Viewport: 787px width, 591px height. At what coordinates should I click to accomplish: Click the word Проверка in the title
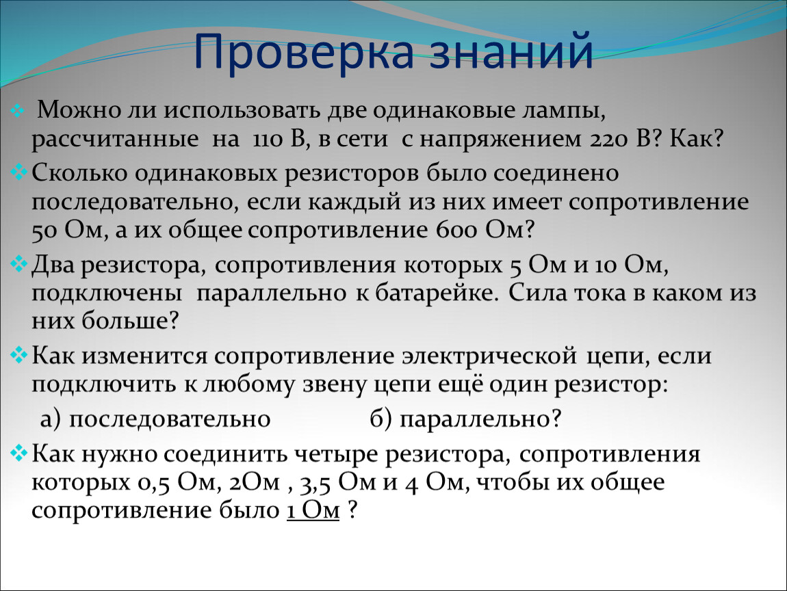click(304, 52)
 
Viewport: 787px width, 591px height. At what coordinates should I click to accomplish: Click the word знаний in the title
click(511, 51)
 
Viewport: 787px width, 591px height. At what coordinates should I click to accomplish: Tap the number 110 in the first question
click(268, 139)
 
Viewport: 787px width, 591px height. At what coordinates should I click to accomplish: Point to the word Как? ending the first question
click(697, 138)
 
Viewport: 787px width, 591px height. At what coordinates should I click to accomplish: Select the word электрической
click(489, 356)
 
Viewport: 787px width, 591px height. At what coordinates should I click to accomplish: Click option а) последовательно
click(155, 419)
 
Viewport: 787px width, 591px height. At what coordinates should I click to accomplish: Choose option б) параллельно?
click(465, 419)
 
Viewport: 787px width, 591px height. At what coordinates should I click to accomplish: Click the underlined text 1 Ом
click(313, 511)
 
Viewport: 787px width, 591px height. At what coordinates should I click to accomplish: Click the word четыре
click(336, 455)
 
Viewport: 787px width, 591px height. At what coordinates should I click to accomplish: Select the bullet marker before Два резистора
click(19, 264)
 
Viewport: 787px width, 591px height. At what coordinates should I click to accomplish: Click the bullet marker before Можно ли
click(17, 110)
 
